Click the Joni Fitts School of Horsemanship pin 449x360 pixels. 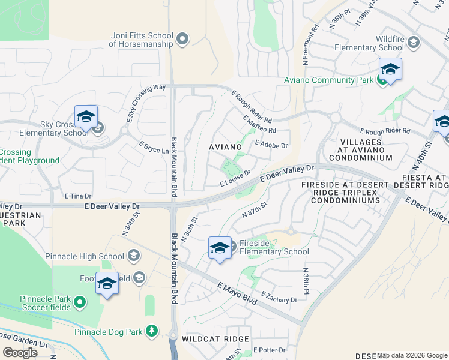183,40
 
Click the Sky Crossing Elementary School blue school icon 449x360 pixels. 86,118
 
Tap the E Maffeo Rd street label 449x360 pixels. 259,125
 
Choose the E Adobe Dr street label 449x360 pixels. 271,145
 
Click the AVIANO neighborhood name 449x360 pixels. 225,146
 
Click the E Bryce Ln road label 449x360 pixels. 154,148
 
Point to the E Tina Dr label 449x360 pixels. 78,196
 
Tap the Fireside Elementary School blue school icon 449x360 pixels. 220,248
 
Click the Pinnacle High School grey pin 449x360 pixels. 134,256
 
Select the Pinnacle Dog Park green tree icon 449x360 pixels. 152,331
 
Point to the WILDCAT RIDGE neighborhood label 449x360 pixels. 216,339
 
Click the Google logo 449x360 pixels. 20,352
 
